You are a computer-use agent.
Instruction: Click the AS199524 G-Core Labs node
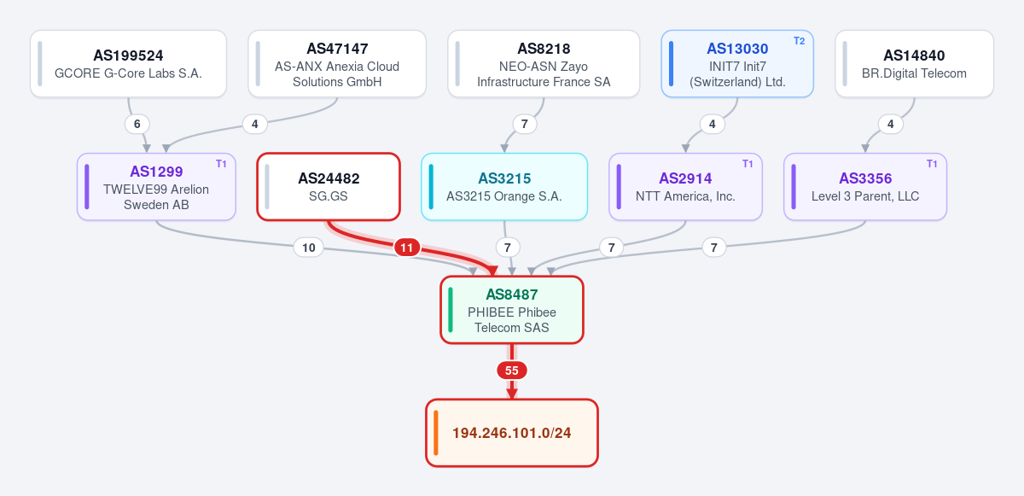coord(129,63)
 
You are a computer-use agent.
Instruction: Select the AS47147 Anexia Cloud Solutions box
coord(337,63)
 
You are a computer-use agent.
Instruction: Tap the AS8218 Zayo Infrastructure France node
coord(544,63)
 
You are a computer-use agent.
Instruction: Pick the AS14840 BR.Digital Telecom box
coord(914,63)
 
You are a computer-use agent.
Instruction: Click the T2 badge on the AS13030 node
coord(799,41)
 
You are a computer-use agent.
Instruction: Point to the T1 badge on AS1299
coord(221,164)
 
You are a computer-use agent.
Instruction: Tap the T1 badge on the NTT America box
coord(748,164)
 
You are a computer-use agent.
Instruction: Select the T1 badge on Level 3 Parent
coord(932,164)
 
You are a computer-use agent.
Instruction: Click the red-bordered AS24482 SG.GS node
coord(329,186)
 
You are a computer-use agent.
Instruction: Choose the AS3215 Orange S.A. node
coord(504,186)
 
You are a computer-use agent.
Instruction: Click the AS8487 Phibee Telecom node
coord(512,310)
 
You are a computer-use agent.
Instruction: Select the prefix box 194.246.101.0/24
coord(512,433)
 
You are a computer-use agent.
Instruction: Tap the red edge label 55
coord(512,371)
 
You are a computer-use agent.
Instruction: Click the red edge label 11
coord(407,248)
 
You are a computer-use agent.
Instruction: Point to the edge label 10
coord(309,248)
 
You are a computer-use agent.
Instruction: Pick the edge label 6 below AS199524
coord(137,124)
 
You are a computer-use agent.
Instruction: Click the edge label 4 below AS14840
coord(891,124)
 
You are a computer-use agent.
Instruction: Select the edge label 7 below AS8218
coord(524,124)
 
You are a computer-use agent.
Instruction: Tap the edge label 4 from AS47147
coord(254,124)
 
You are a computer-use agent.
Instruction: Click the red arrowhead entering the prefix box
coord(512,394)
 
